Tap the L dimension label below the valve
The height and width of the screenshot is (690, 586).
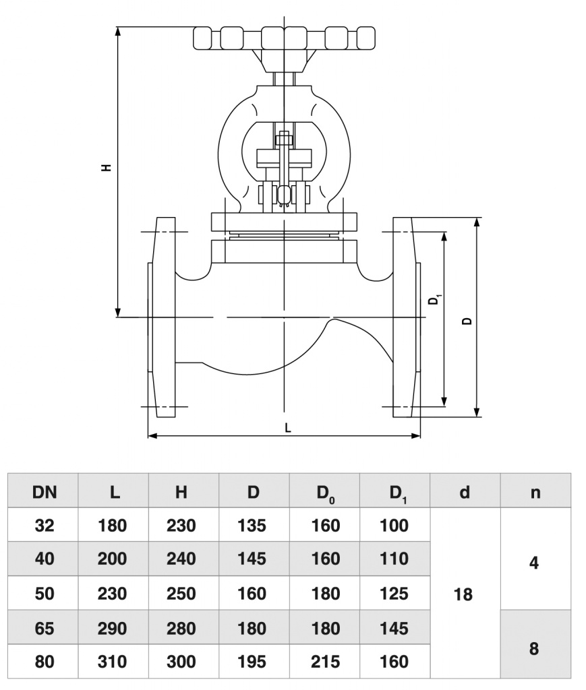point(288,427)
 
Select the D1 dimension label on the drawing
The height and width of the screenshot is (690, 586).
point(436,299)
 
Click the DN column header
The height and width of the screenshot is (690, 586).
point(45,492)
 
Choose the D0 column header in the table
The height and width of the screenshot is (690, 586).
point(326,493)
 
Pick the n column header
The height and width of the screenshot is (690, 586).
point(535,492)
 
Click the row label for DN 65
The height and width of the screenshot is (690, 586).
point(45,629)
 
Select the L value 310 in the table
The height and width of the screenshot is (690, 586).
point(113,662)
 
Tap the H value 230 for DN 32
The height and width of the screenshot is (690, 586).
point(181,525)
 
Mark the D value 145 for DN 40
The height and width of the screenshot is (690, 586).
point(252,559)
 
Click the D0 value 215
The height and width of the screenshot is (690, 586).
point(326,662)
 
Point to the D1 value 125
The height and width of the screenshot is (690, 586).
point(394,594)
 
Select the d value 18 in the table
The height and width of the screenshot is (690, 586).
point(464,594)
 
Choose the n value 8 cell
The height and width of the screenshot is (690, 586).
point(535,648)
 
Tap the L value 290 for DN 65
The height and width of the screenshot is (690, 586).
point(113,629)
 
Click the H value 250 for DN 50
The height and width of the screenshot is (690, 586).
point(181,594)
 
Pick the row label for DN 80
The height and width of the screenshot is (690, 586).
point(45,662)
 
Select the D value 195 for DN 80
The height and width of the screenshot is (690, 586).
point(252,662)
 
